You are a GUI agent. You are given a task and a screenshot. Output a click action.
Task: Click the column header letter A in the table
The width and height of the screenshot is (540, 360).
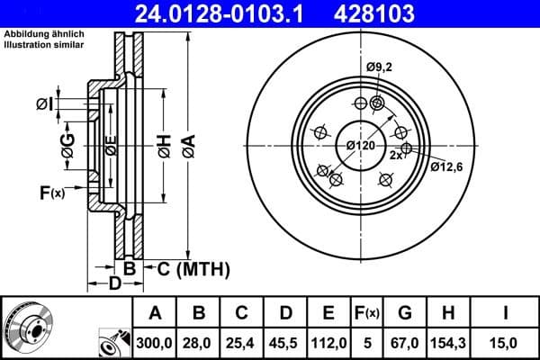(x=155, y=313)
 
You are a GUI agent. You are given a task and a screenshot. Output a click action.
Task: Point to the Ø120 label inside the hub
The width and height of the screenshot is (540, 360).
(x=360, y=146)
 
